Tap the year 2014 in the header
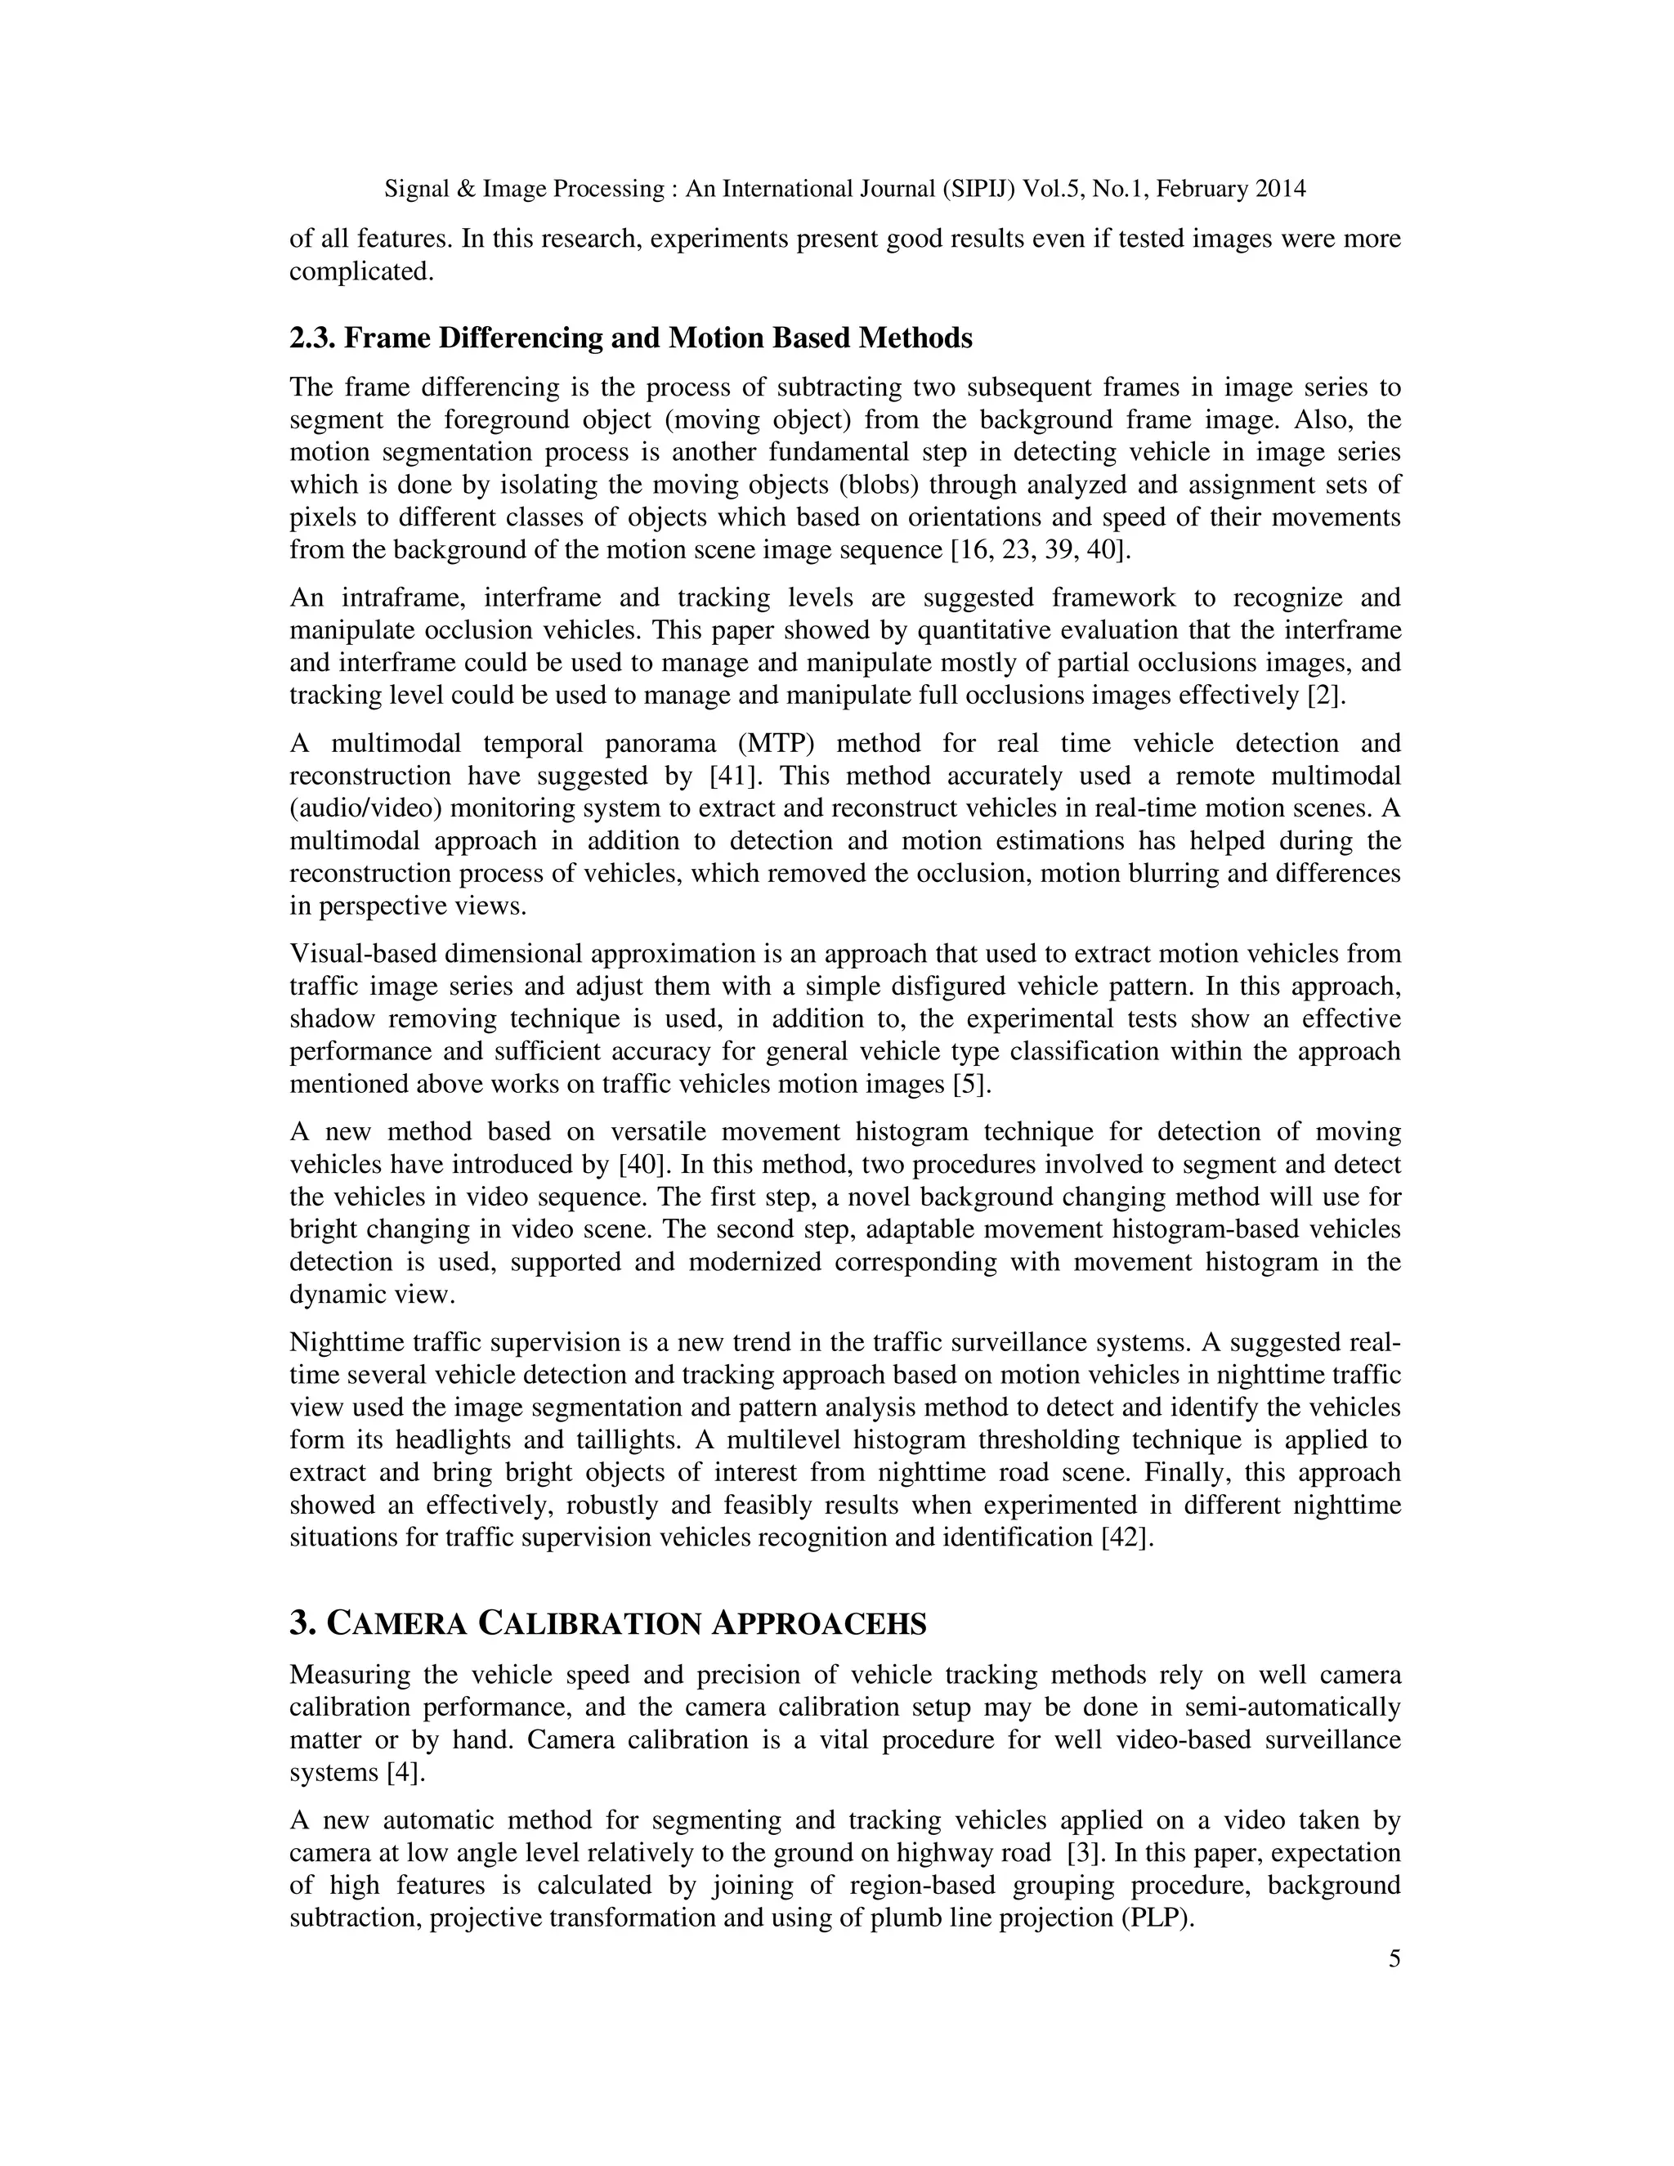[1280, 189]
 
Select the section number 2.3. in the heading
[312, 338]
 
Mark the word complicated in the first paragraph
[361, 271]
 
